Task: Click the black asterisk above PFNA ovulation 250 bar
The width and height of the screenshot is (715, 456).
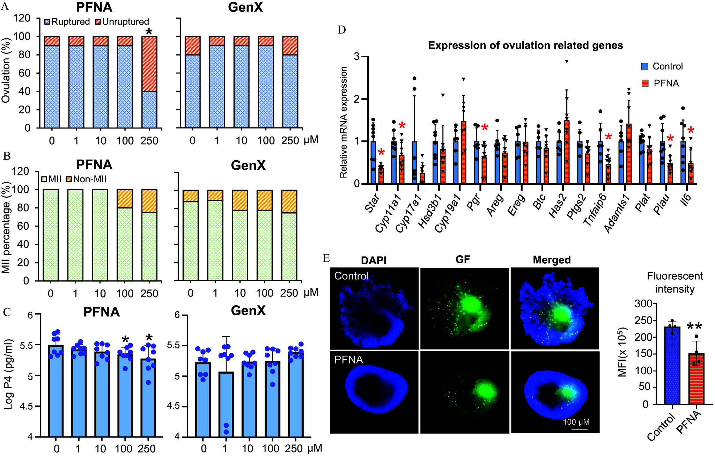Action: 149,32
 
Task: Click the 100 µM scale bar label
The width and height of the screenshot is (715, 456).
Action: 576,422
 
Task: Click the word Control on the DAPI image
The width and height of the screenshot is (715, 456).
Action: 351,276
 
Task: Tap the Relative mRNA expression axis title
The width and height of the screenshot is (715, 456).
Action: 344,122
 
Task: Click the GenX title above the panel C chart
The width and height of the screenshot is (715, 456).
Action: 248,310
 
